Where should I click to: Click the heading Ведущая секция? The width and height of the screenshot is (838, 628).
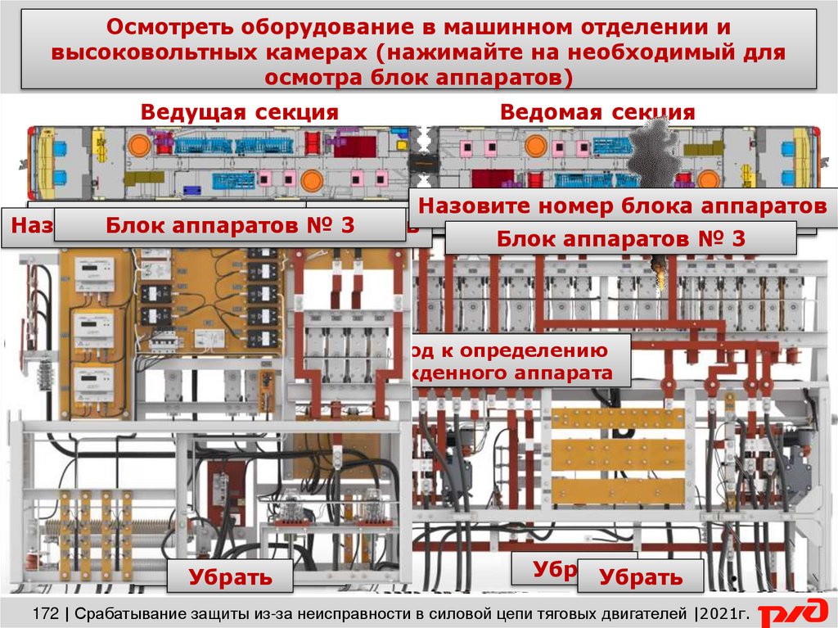[239, 112]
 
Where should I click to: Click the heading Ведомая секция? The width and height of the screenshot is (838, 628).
[597, 112]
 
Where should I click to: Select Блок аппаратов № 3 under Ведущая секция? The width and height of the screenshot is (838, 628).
[231, 225]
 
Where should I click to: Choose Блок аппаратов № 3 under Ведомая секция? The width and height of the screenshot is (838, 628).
[620, 239]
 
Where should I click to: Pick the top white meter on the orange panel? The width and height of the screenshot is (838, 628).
[96, 269]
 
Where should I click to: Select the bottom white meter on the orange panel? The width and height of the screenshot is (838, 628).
[96, 380]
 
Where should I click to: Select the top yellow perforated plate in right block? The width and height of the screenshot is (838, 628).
[618, 418]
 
